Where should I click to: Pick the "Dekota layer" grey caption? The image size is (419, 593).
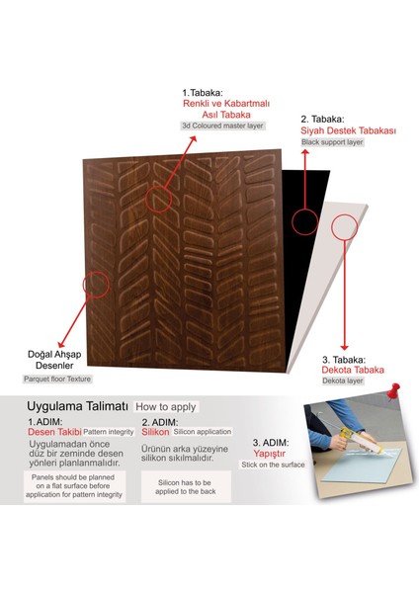pyautogui.click(x=341, y=382)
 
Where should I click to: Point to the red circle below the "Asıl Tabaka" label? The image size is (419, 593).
pyautogui.click(x=158, y=198)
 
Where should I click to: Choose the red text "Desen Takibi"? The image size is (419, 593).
pyautogui.click(x=53, y=433)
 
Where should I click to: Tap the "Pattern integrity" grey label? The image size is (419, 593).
pyautogui.click(x=108, y=433)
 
